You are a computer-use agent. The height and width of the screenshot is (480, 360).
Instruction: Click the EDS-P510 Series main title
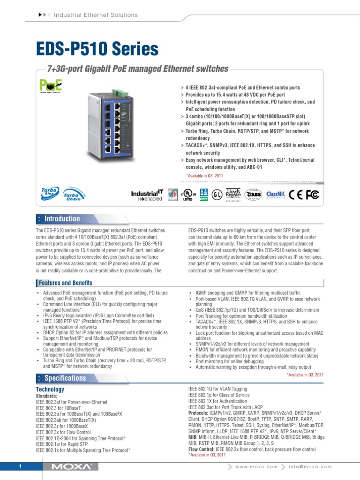[x=97, y=49]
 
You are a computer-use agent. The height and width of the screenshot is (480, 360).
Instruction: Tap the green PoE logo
[x=50, y=86]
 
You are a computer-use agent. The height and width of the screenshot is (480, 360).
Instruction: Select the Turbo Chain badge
[x=70, y=195]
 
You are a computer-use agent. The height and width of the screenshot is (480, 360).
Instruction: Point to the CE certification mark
[x=296, y=195]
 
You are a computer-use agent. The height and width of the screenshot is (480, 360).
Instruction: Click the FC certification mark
[x=312, y=195]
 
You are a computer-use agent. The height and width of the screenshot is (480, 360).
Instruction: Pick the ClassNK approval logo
[x=275, y=195]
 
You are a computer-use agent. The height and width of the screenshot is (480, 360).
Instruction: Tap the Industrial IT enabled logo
[x=147, y=195]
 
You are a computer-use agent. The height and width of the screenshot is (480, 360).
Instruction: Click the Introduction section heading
[x=62, y=219]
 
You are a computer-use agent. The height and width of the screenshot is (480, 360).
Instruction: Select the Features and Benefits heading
[x=65, y=283]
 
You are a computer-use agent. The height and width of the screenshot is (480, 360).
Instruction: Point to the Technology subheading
[x=50, y=390]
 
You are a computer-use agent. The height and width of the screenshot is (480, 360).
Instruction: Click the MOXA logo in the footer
[x=70, y=467]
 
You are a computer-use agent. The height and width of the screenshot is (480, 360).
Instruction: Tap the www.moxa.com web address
[x=256, y=467]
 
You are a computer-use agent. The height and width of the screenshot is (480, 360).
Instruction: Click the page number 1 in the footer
[x=21, y=467]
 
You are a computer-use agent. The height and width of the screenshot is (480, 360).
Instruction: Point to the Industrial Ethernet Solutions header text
[x=96, y=15]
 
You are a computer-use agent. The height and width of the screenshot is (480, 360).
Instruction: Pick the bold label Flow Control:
[x=203, y=449]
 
